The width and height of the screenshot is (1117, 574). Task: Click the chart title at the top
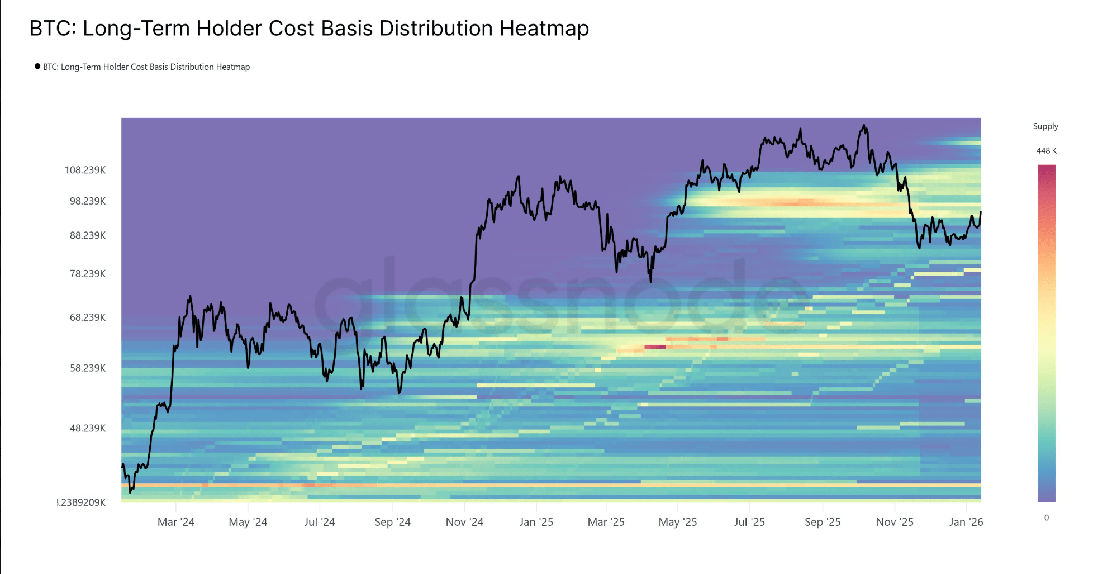click(309, 28)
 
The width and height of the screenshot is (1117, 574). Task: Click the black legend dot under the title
click(37, 67)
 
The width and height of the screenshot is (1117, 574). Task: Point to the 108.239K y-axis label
click(85, 170)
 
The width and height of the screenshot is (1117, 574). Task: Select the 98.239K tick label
click(87, 201)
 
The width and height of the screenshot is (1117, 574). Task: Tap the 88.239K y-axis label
click(87, 235)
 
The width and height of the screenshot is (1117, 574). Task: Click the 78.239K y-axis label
click(87, 274)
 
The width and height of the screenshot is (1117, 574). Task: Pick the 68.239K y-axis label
click(87, 317)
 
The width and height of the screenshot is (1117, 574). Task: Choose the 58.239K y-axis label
click(87, 368)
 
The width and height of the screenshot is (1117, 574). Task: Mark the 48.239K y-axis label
click(87, 429)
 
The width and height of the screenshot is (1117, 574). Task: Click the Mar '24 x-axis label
click(176, 522)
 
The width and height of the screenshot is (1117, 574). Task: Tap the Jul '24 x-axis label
click(320, 522)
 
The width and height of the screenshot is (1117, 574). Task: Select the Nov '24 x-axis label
click(464, 522)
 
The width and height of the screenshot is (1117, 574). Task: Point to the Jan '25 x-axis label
click(536, 522)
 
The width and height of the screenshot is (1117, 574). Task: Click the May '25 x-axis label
click(678, 522)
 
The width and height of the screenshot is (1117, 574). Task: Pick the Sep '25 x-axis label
click(823, 522)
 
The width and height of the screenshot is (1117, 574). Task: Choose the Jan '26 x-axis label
click(966, 522)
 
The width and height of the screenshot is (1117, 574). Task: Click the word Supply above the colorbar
click(1045, 126)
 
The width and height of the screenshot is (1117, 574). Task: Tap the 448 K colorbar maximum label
click(1047, 151)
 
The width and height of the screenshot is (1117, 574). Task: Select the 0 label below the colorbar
click(1047, 518)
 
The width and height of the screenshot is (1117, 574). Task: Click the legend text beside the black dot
click(146, 67)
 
